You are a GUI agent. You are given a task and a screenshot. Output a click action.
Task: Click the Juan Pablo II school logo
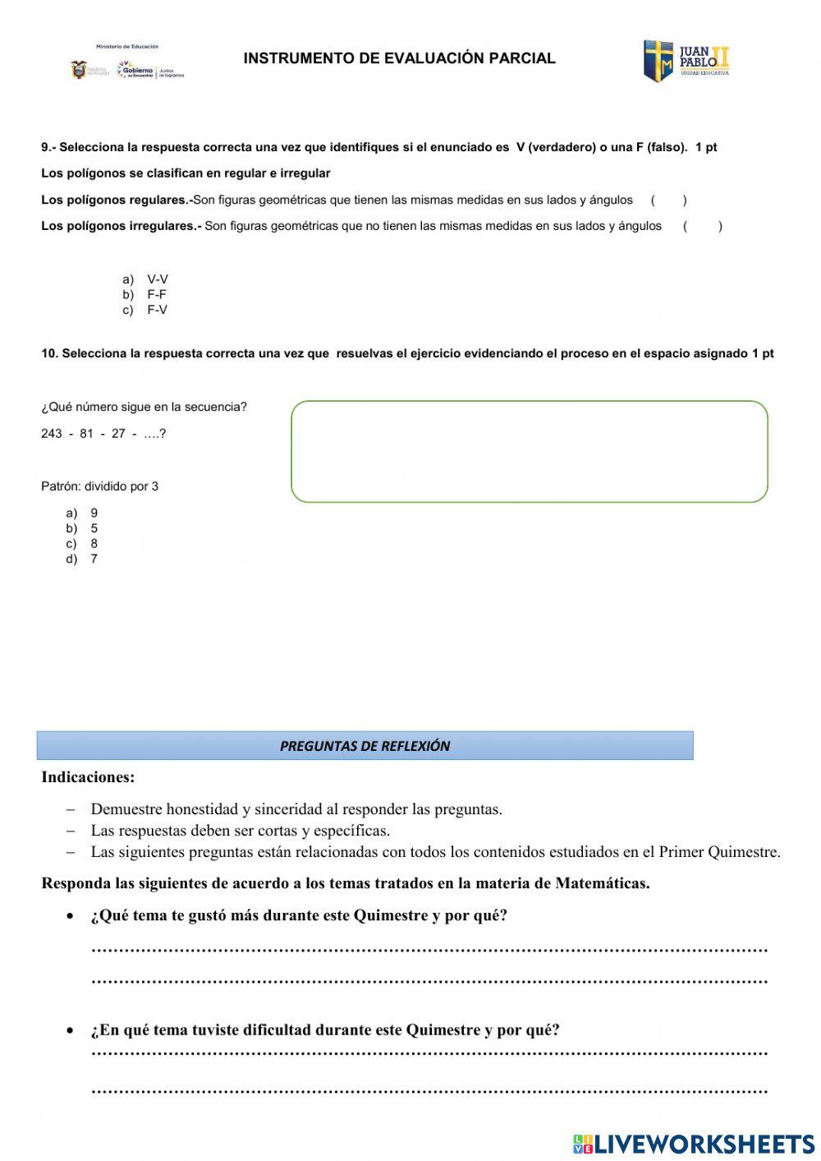(x=686, y=60)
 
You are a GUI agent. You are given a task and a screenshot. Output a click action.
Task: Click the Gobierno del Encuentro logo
(x=135, y=70)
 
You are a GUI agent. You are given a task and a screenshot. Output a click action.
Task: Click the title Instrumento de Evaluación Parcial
(x=399, y=58)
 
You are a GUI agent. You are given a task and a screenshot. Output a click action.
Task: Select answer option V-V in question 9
(x=157, y=279)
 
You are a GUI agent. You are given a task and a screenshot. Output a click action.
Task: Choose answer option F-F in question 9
(x=157, y=294)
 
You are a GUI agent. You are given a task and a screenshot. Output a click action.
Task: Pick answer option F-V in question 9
(x=157, y=310)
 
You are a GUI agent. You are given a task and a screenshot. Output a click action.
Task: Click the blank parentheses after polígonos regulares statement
(x=668, y=200)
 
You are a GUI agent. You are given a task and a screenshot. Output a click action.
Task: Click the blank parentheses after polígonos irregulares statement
(x=702, y=226)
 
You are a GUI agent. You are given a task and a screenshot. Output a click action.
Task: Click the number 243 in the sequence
(x=52, y=433)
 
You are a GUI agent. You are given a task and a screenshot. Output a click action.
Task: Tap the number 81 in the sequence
(x=86, y=433)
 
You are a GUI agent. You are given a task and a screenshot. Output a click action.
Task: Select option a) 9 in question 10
(x=94, y=513)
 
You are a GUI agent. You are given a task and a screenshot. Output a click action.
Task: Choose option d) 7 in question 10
(x=94, y=559)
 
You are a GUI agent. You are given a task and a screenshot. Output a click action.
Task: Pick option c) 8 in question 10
(x=94, y=543)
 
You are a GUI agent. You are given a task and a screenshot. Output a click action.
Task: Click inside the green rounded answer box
(x=529, y=451)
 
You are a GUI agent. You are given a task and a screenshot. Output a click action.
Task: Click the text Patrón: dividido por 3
(x=99, y=486)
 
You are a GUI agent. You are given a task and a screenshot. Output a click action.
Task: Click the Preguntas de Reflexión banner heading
(x=365, y=746)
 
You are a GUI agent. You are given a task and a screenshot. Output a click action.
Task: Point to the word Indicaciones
(x=88, y=777)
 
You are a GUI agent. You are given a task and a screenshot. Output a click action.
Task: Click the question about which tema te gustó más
(x=299, y=915)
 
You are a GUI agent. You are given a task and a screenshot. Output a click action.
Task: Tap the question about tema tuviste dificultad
(x=325, y=1030)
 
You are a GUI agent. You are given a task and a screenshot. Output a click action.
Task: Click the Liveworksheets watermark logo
(x=694, y=1144)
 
